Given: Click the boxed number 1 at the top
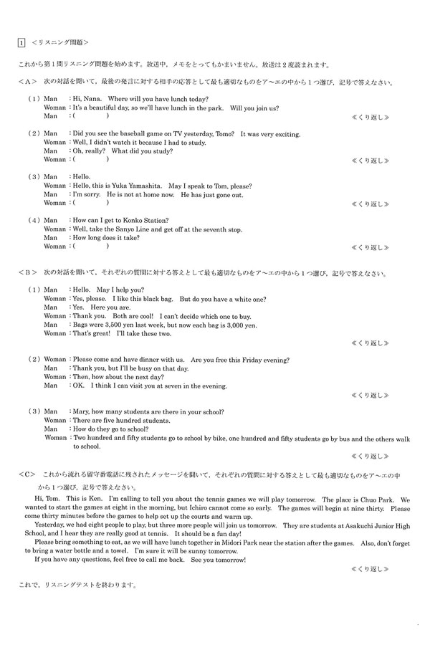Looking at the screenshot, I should (21, 42).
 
